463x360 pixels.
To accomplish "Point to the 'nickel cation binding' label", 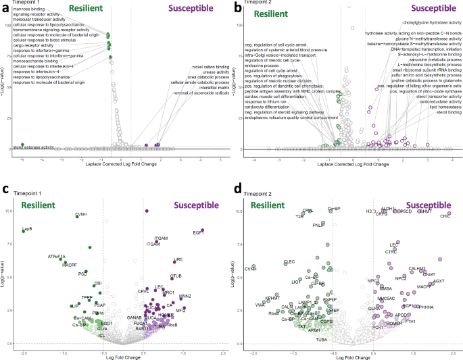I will (210, 67).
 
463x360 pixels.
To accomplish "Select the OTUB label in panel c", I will (176, 276).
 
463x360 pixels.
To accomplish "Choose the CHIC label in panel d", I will (445, 217).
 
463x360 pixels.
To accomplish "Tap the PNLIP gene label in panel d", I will (319, 224).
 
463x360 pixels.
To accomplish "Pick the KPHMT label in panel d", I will (272, 298).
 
